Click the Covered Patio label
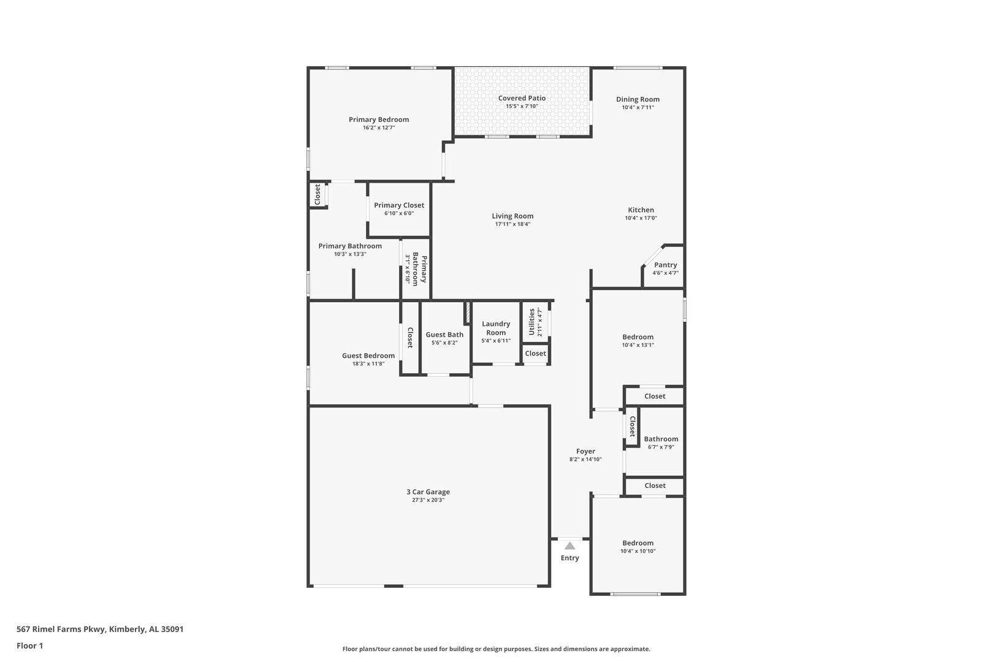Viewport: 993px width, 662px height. (522, 98)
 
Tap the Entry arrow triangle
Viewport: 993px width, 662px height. (569, 546)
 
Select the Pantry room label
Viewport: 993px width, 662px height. (666, 265)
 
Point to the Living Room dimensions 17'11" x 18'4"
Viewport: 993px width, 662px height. (512, 224)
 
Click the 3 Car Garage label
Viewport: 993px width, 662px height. (428, 492)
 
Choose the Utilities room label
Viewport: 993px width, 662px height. (531, 322)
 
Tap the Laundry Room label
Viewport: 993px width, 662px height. (496, 328)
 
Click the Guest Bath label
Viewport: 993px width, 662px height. (444, 335)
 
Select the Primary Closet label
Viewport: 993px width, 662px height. (399, 205)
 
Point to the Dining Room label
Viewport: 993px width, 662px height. (638, 99)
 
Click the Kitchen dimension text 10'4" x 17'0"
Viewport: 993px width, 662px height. (641, 218)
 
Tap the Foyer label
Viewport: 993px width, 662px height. (585, 451)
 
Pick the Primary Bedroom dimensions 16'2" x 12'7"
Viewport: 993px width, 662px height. (379, 127)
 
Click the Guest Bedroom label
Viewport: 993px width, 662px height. (368, 356)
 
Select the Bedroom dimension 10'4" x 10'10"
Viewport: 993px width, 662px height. (638, 551)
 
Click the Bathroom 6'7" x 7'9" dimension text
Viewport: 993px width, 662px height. (661, 447)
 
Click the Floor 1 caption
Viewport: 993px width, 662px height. (29, 645)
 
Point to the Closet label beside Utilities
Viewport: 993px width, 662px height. (536, 354)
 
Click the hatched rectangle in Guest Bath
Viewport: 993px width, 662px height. (467, 312)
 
